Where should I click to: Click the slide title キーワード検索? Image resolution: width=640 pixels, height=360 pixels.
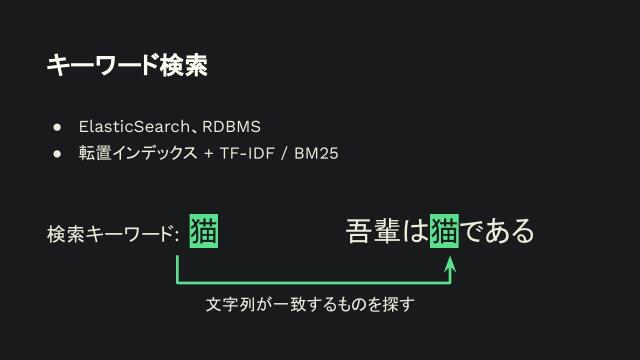click(x=127, y=66)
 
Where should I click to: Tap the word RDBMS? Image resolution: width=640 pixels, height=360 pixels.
click(x=231, y=127)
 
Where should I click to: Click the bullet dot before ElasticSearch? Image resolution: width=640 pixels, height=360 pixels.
click(x=59, y=127)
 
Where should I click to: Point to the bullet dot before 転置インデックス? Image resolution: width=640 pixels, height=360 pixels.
click(x=59, y=154)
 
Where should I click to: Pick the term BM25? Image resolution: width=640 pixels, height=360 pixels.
click(x=316, y=154)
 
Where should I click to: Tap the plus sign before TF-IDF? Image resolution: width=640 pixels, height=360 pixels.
click(x=208, y=154)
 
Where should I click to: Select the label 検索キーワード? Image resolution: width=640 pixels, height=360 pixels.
click(x=112, y=235)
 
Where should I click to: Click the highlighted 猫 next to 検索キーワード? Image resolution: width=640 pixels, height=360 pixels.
click(x=203, y=231)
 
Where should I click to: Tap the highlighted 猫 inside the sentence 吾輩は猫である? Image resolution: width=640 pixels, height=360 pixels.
click(x=444, y=231)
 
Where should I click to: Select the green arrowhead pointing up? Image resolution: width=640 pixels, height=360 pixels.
click(x=450, y=263)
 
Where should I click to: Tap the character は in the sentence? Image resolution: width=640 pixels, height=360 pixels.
click(x=415, y=231)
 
